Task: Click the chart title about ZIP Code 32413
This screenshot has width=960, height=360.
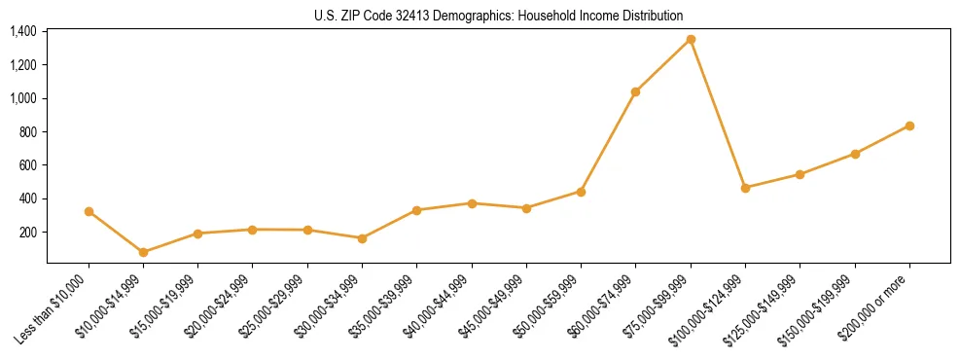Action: point(499,17)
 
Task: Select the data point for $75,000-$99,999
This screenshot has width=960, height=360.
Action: point(691,39)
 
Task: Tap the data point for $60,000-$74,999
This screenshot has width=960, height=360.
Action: point(636,91)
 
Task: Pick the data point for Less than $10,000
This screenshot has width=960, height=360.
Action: point(89,211)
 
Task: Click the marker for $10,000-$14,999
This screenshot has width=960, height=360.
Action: point(143,252)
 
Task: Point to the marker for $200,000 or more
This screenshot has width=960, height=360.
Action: point(909,126)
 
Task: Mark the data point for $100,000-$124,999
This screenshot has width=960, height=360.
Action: point(745,188)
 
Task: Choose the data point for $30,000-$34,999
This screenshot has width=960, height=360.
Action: point(362,238)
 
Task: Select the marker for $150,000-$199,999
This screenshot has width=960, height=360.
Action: point(855,154)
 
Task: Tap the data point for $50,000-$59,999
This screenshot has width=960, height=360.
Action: point(581,192)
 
